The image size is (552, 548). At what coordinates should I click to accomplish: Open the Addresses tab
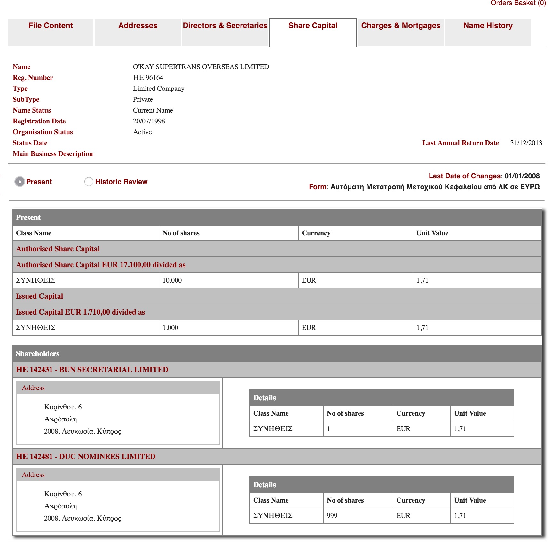pos(138,26)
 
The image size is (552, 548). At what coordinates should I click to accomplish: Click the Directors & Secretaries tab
pos(225,26)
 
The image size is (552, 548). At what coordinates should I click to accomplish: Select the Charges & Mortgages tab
pos(400,26)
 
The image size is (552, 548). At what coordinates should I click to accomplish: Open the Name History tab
pos(488,26)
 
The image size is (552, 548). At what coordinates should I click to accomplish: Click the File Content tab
pos(51,26)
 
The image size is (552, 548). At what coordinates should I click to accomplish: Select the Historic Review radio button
pos(89,182)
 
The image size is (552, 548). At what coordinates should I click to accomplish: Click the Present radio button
pos(20,182)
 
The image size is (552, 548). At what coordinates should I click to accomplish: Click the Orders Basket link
pos(518,3)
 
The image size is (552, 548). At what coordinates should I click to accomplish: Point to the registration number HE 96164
pos(148,78)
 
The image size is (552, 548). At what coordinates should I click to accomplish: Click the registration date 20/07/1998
pos(149,121)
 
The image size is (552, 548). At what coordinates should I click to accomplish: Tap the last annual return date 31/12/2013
pos(526,143)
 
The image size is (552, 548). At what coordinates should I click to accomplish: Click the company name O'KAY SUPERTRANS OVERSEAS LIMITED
pos(201,67)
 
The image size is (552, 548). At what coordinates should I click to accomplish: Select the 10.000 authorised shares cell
pos(172,280)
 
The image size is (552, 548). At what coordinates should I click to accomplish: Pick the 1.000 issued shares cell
pos(170,328)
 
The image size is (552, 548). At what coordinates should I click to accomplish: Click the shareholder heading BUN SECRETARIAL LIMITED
pos(92,370)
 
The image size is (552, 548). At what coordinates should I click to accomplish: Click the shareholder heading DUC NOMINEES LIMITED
pos(86,457)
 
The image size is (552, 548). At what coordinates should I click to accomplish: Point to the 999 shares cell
pos(332,516)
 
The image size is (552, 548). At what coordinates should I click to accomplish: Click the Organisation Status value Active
pos(142,132)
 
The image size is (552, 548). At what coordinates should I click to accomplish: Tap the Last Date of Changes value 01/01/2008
pos(522,176)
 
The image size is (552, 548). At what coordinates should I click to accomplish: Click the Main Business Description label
pos(53,154)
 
